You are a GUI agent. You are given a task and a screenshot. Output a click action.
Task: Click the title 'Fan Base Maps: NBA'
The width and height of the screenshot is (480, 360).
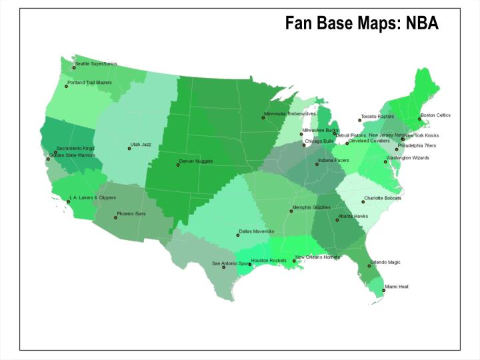361,24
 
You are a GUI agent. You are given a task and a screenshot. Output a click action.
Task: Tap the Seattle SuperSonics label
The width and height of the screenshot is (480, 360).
96,64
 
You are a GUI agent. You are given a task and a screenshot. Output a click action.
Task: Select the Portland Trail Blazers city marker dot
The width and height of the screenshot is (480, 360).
66,86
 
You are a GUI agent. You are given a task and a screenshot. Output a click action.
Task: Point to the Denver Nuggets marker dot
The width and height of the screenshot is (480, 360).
178,165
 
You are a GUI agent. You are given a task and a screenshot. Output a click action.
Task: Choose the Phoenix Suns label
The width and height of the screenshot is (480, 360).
131,214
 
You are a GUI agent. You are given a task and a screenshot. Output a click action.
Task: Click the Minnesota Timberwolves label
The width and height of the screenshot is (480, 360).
290,114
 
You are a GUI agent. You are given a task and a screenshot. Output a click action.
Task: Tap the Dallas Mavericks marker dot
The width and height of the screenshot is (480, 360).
238,235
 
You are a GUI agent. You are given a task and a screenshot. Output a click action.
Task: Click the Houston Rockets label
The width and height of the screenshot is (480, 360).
269,260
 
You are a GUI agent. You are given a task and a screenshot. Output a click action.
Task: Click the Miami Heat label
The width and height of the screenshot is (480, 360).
398,287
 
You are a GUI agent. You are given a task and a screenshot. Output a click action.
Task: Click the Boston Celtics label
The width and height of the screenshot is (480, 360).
435,115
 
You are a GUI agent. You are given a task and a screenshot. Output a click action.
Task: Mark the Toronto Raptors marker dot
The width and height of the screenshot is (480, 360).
359,121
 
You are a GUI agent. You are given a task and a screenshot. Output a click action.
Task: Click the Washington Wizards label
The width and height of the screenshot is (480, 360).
407,159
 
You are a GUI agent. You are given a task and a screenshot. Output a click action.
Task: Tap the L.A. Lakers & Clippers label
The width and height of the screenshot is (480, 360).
93,198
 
